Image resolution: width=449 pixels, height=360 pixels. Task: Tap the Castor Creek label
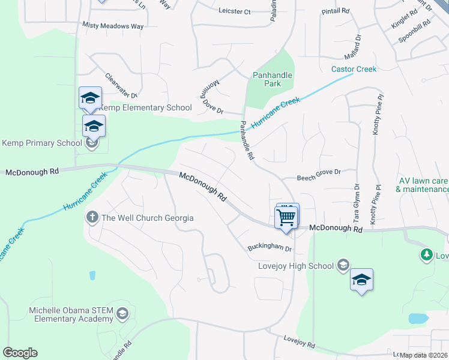pyautogui.click(x=354, y=69)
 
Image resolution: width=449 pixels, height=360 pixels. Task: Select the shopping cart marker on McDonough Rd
pyautogui.click(x=286, y=217)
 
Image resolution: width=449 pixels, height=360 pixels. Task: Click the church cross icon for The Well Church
pyautogui.click(x=92, y=217)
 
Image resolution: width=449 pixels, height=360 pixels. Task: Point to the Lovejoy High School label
pyautogui.click(x=296, y=266)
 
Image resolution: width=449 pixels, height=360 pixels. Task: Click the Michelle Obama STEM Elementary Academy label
pyautogui.click(x=71, y=314)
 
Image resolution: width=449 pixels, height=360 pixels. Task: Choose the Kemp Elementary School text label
pyautogui.click(x=145, y=108)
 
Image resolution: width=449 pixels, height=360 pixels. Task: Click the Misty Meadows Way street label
pyautogui.click(x=113, y=26)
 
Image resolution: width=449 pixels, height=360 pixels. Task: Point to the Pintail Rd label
pyautogui.click(x=336, y=11)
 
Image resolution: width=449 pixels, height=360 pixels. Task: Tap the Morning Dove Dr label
pyautogui.click(x=210, y=98)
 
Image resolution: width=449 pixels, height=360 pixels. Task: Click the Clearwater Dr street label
pyautogui.click(x=121, y=85)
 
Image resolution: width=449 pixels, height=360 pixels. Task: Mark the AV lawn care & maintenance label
pyautogui.click(x=423, y=185)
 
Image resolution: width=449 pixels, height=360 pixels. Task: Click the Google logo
pyautogui.click(x=20, y=353)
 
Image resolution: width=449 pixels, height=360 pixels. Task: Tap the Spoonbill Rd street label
pyautogui.click(x=414, y=35)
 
